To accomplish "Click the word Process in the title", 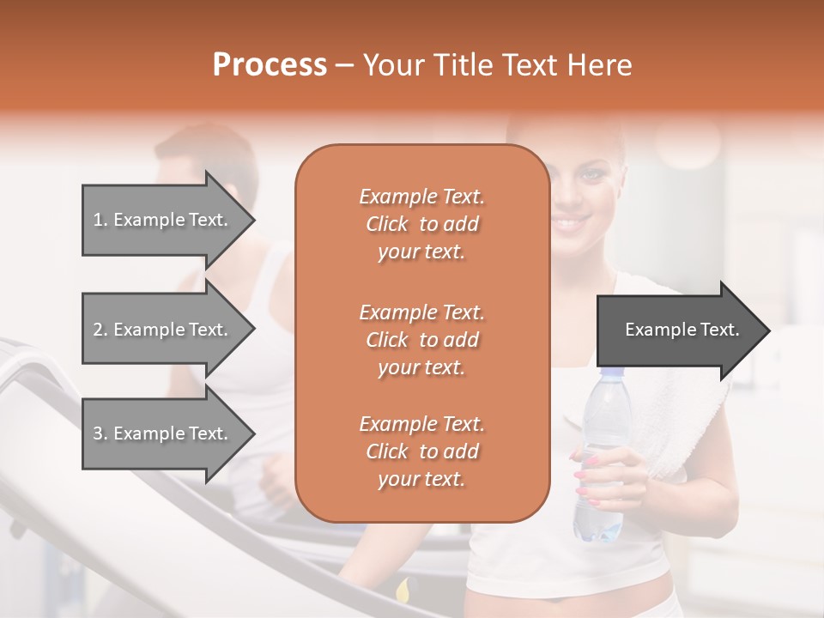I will pyautogui.click(x=270, y=65).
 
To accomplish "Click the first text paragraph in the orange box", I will pyautogui.click(x=421, y=224).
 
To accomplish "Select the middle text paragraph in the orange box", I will pyautogui.click(x=421, y=340).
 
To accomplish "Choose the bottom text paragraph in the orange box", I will pyautogui.click(x=421, y=451).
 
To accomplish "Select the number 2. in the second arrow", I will pyautogui.click(x=100, y=330).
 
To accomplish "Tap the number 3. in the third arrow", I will pyautogui.click(x=100, y=433).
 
